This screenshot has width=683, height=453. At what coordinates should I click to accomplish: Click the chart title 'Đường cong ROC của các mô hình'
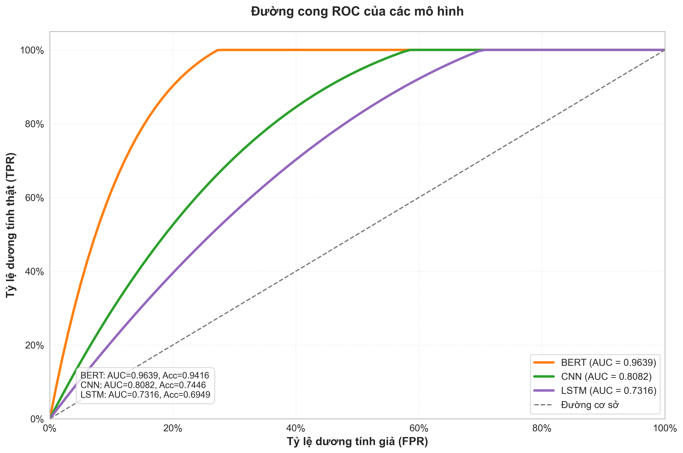click(x=357, y=12)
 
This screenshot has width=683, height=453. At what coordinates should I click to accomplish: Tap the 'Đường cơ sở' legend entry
click(x=590, y=405)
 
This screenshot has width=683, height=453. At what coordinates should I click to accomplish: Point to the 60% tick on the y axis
click(x=34, y=198)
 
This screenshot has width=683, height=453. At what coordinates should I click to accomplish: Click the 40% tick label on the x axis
click(x=296, y=428)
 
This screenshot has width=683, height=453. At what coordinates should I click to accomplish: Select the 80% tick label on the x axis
click(x=542, y=428)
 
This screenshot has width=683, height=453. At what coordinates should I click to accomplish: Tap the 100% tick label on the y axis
click(x=32, y=51)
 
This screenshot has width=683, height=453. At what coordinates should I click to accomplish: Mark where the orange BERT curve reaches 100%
click(x=218, y=50)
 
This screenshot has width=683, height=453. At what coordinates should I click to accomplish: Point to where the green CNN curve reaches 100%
click(x=410, y=50)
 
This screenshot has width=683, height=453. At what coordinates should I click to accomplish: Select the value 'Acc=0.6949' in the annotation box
click(x=187, y=395)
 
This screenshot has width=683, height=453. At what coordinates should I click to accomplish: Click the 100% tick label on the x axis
click(x=665, y=428)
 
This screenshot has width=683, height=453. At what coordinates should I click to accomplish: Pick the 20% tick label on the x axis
click(x=173, y=428)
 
